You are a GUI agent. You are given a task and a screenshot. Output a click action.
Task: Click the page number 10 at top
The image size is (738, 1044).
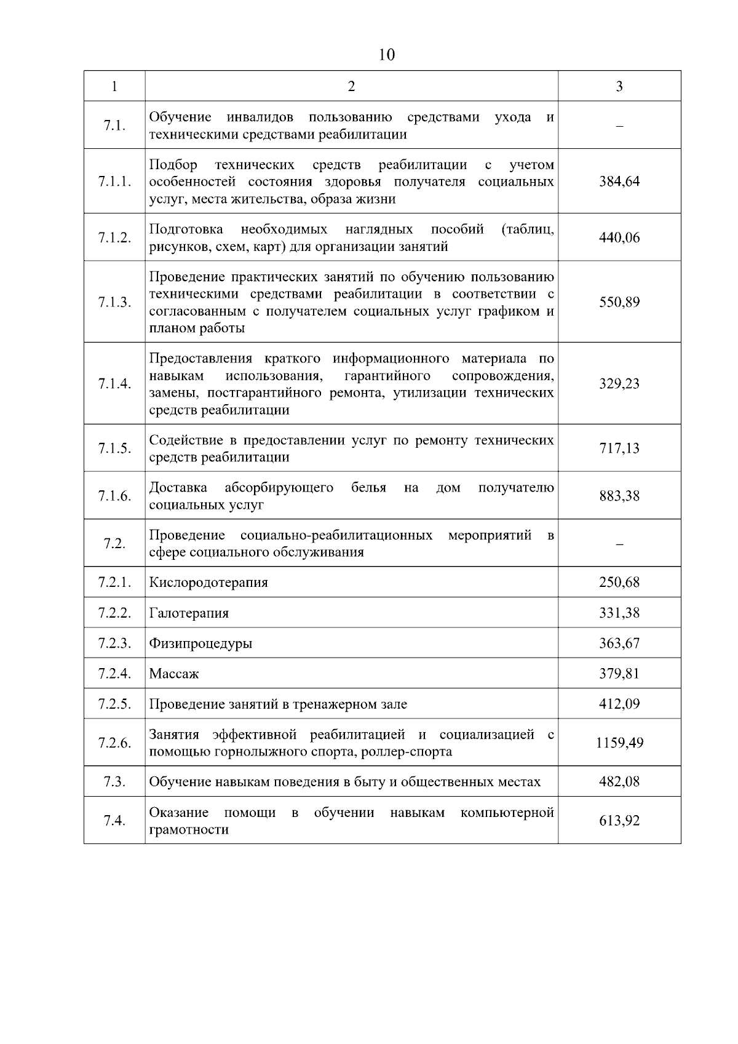(387, 55)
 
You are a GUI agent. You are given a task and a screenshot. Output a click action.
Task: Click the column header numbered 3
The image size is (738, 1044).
(619, 86)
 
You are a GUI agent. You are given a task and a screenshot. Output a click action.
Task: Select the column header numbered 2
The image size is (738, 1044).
(351, 86)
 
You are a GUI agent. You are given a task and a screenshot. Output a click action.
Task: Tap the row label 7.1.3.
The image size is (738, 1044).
(114, 302)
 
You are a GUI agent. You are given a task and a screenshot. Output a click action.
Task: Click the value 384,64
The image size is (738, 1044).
(619, 181)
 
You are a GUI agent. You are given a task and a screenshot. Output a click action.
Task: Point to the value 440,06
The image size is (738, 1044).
(619, 237)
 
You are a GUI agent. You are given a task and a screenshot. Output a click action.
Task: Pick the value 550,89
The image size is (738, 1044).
(619, 302)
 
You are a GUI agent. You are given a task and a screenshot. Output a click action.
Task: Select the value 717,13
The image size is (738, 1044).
(619, 448)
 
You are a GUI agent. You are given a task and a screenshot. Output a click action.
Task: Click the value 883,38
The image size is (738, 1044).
(619, 496)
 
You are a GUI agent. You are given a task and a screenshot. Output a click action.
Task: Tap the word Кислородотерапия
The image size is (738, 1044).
(208, 582)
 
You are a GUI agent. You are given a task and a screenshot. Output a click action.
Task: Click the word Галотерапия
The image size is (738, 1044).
(189, 613)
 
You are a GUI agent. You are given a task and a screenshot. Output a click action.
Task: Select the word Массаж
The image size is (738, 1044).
(174, 674)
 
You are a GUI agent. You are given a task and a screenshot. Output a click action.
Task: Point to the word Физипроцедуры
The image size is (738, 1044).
(200, 644)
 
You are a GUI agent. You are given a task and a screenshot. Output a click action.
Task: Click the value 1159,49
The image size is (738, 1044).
(619, 743)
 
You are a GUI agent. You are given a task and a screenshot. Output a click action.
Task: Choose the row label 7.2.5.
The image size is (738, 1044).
(114, 704)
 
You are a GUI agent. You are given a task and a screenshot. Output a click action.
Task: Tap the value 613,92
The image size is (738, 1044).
(619, 821)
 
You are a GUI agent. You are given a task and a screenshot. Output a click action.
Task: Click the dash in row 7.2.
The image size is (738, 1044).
(619, 544)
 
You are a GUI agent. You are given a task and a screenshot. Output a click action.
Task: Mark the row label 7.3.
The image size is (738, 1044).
(114, 782)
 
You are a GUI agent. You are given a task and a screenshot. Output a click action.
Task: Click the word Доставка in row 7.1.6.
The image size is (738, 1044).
(178, 488)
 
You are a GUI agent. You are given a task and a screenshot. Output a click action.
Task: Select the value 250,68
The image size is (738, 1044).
(619, 582)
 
